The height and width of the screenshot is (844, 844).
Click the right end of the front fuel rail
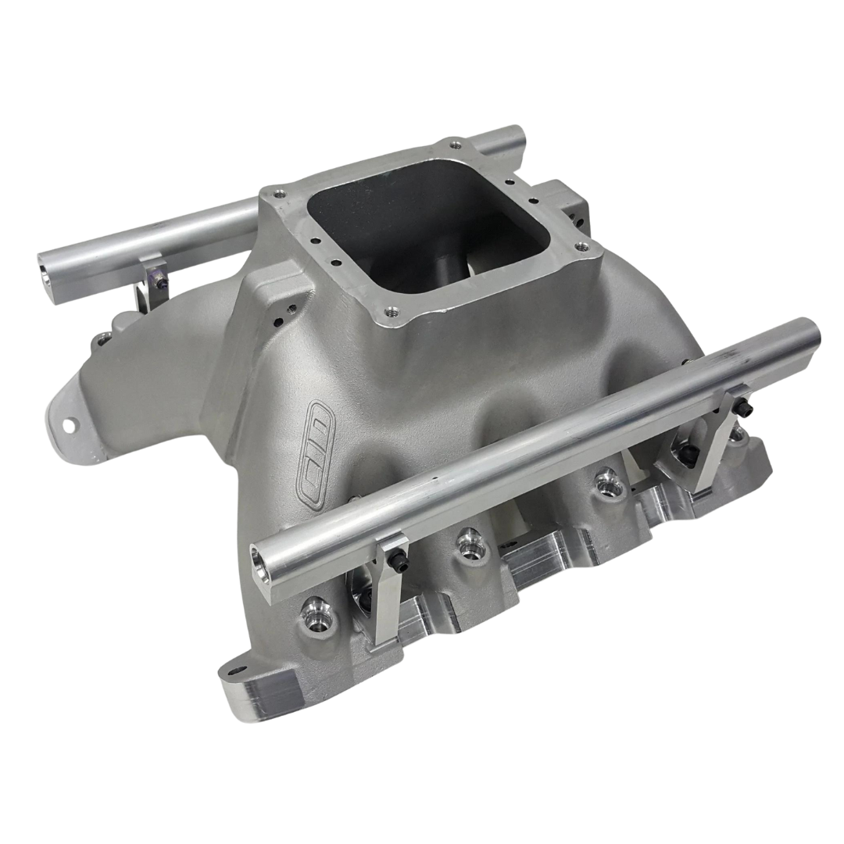tap(813, 333)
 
